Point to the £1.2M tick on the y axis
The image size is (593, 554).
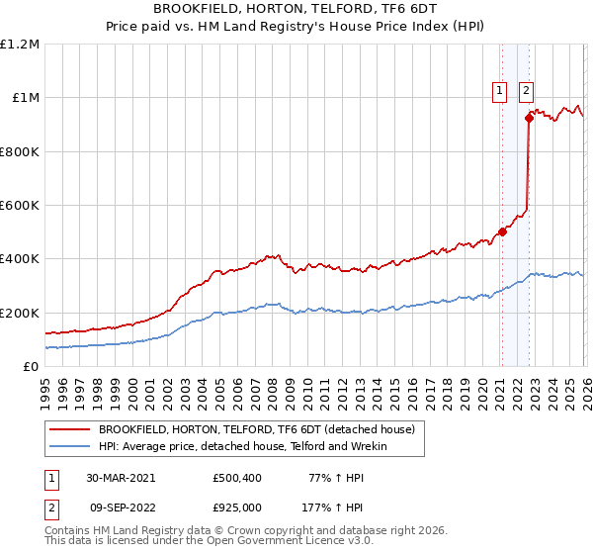20,45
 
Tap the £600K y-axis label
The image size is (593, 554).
20,206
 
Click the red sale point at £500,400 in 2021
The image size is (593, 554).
502,232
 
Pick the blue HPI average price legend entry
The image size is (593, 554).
242,447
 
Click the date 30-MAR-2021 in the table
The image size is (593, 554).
121,478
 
